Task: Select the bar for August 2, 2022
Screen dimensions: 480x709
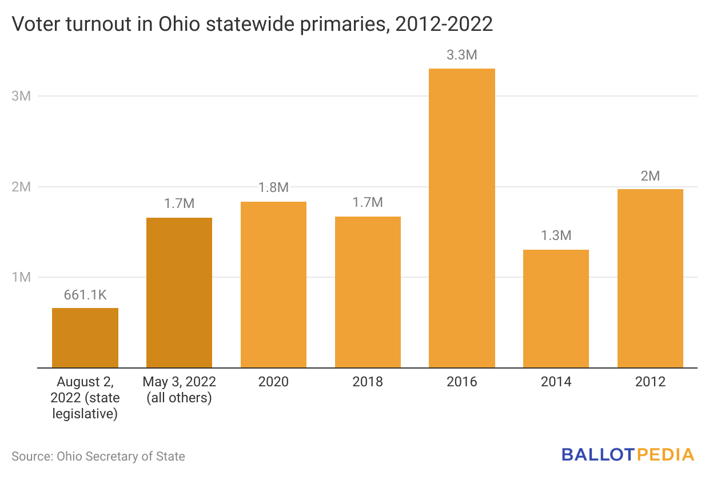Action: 85,338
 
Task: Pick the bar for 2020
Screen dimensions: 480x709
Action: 273,285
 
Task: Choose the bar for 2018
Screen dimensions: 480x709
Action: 368,292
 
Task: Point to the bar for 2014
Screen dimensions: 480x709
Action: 556,309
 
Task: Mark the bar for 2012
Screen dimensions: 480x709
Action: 650,278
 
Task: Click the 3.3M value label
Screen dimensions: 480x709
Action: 462,56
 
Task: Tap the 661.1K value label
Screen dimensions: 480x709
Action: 85,295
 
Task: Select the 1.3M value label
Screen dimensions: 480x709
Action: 556,236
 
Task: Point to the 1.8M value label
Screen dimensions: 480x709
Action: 273,188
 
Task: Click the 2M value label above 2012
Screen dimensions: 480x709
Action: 650,176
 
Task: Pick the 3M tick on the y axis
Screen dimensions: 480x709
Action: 21,96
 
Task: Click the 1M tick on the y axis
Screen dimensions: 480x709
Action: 21,277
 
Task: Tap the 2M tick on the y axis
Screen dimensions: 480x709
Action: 21,187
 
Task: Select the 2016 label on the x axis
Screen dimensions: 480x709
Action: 462,382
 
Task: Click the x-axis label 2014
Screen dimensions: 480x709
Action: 556,382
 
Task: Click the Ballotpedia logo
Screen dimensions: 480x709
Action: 627,455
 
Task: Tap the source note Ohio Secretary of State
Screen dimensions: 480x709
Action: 98,456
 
